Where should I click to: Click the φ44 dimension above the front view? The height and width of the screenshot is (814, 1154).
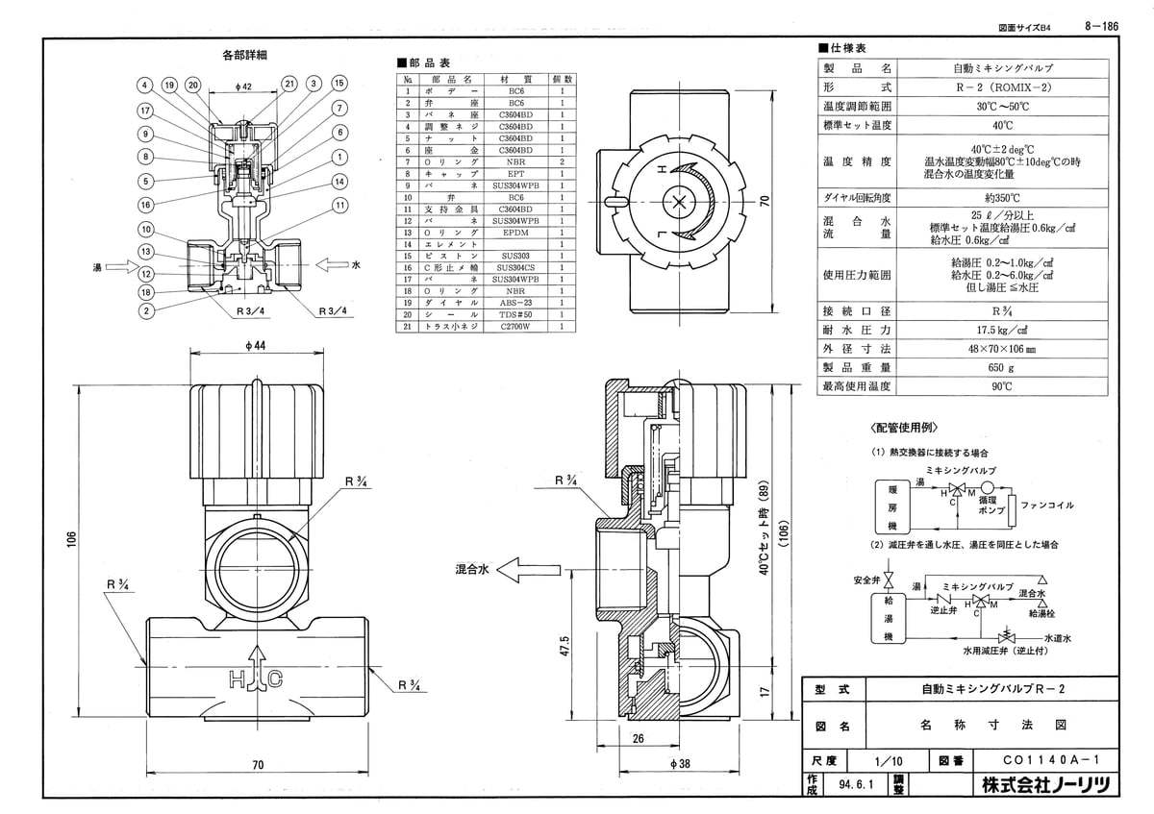click(x=255, y=346)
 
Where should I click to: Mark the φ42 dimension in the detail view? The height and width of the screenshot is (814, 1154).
click(x=243, y=87)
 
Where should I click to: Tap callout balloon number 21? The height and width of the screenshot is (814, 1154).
click(x=288, y=85)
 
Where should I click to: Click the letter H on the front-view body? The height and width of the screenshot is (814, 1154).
click(x=236, y=679)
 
